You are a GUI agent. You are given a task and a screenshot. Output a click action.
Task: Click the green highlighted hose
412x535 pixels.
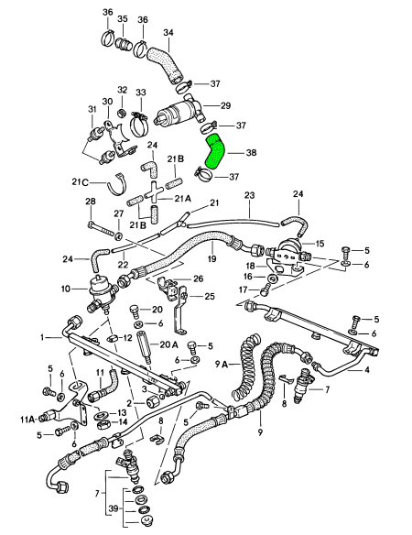(214, 151)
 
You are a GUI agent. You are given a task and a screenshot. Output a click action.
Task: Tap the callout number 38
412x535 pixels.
(251, 152)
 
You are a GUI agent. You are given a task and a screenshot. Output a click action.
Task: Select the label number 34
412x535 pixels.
(168, 32)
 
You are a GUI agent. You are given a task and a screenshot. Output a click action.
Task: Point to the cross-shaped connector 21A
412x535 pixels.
(154, 193)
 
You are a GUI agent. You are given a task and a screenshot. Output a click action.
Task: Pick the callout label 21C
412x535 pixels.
(80, 182)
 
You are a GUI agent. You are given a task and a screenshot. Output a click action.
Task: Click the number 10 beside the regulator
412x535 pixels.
(66, 289)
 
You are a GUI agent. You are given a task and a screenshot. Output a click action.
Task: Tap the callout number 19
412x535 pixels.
(211, 258)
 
